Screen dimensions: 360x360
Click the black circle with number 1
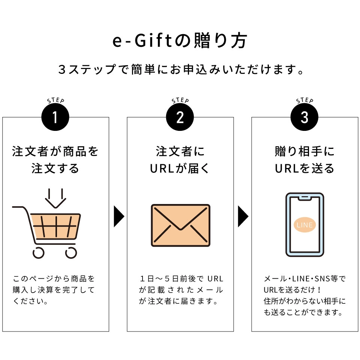[55, 117]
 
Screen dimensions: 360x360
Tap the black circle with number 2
[180, 117]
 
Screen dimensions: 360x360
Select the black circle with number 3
[304, 117]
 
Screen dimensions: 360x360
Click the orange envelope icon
[180, 225]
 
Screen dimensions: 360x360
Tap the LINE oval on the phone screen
[304, 225]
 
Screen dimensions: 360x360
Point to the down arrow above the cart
[55, 198]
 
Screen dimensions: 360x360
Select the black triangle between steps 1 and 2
[119, 216]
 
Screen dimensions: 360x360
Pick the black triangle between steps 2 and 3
[243, 216]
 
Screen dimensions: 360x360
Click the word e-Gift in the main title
[142, 41]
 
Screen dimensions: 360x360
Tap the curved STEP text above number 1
[55, 100]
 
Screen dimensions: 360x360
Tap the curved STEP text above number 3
[304, 100]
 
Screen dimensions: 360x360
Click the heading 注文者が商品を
[55, 151]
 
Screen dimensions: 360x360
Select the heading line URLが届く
[180, 168]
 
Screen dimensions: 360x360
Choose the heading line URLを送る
[304, 168]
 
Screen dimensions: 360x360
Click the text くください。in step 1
[30, 301]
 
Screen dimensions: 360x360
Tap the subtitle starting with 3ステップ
[181, 69]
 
